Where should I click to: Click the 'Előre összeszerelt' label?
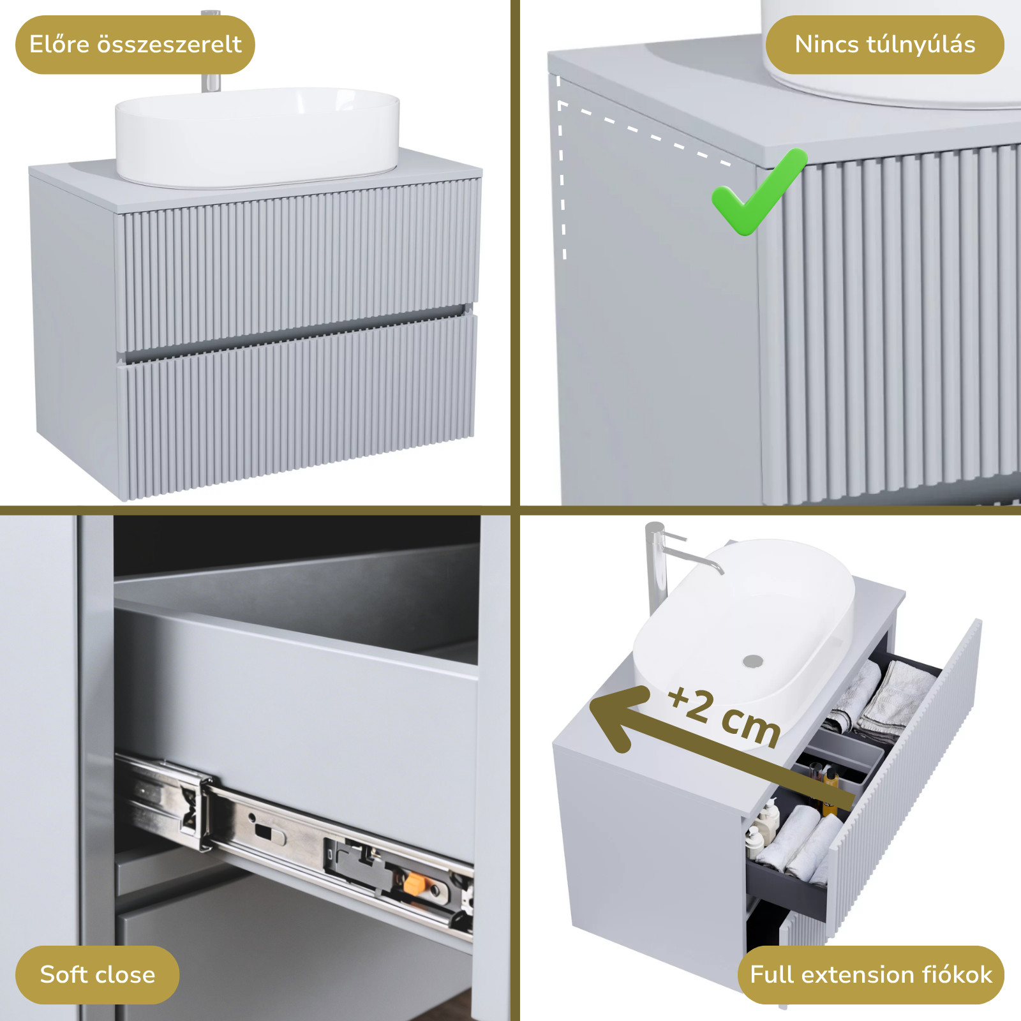(135, 45)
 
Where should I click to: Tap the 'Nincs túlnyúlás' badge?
(884, 45)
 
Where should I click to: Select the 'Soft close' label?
(98, 974)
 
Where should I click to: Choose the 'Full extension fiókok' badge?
(871, 974)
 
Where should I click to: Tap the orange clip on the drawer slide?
(415, 884)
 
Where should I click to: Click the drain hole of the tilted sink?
(753, 660)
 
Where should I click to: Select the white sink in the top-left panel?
(257, 137)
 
